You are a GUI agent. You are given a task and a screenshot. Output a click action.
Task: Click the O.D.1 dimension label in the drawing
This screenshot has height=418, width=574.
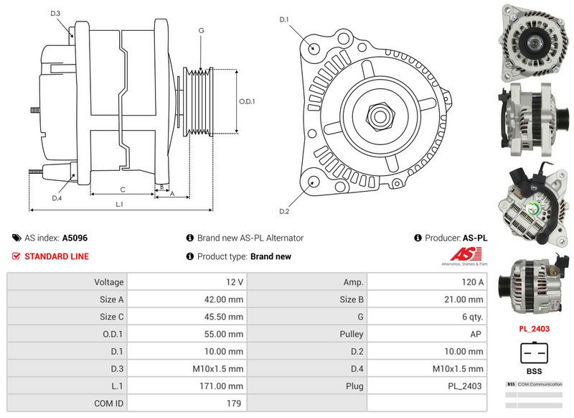[x=247, y=102]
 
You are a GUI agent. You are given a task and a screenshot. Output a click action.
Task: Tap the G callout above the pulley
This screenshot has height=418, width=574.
[x=201, y=31]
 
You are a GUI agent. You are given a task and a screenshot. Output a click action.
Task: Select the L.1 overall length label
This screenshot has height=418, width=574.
[x=120, y=205]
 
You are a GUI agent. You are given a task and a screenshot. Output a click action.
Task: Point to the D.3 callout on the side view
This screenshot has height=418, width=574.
[x=55, y=14]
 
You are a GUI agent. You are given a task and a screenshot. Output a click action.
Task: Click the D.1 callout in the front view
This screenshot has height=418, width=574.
[x=283, y=19]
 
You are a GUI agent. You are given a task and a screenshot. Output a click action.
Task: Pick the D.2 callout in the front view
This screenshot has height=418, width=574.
[x=283, y=211]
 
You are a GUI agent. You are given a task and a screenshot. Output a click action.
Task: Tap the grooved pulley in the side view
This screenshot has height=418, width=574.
[x=200, y=102]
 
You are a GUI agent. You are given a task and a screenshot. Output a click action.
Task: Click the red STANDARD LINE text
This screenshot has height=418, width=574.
[x=57, y=256]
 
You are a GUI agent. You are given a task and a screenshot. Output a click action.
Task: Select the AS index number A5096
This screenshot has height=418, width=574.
[x=75, y=238]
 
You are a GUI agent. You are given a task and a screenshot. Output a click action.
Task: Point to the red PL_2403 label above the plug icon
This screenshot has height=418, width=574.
[x=535, y=329]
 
